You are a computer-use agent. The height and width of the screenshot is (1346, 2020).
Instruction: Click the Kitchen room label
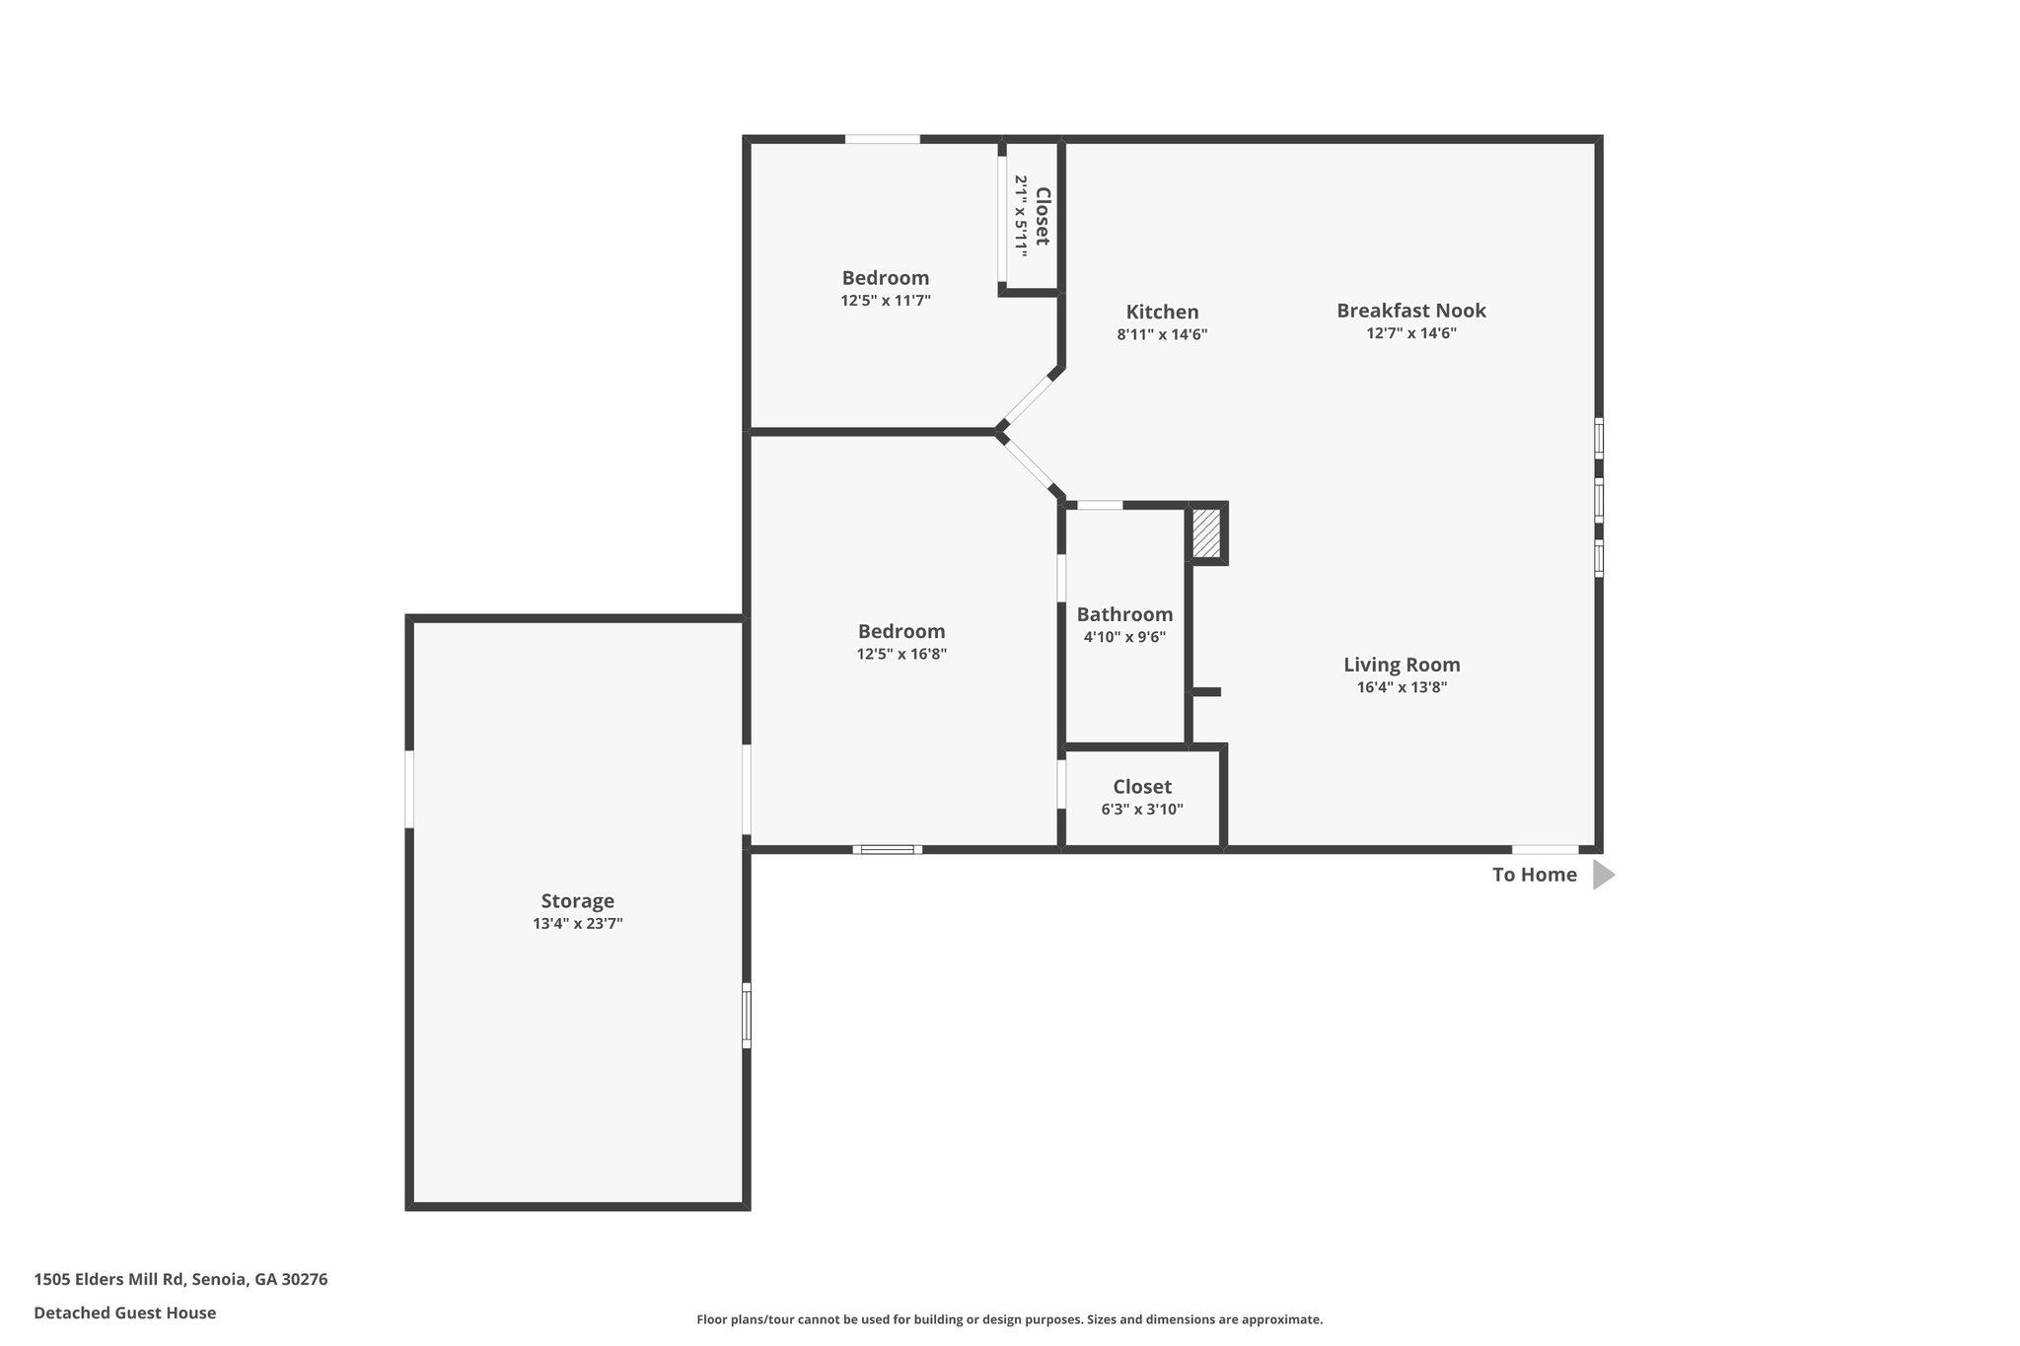[1162, 313]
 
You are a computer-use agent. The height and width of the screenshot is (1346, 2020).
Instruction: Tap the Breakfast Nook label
[1410, 311]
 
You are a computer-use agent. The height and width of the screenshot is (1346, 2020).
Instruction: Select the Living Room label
[1401, 665]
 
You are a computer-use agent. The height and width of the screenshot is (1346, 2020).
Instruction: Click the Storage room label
[577, 900]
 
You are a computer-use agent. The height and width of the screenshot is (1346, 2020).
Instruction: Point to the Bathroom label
[1124, 614]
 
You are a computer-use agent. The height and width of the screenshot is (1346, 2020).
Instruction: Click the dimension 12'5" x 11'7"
[885, 301]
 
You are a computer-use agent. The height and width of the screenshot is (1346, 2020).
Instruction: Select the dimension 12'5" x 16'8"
[901, 654]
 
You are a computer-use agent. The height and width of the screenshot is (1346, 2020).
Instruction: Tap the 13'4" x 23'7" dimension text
[577, 924]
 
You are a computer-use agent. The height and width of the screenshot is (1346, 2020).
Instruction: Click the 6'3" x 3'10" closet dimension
[1141, 810]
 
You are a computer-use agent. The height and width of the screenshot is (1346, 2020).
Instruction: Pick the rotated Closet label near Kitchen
[1042, 217]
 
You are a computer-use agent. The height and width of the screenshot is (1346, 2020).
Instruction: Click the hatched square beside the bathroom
[1206, 533]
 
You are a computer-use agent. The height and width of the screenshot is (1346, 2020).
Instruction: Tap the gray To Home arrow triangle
[1602, 875]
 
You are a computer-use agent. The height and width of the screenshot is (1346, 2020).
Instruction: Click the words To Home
[1534, 875]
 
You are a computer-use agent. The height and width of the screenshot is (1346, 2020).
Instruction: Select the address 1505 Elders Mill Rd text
[180, 1279]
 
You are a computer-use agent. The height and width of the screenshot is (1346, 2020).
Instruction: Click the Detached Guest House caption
[124, 1312]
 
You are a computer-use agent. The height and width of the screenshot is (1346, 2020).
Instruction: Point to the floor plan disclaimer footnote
[1009, 1319]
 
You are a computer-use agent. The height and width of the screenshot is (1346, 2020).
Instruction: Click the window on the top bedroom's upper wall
[882, 140]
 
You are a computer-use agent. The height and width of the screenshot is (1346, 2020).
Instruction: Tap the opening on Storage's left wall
[409, 789]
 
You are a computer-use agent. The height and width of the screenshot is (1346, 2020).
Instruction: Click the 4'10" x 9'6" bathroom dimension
[1124, 637]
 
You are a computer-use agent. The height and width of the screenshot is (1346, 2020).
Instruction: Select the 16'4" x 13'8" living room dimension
[1401, 688]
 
